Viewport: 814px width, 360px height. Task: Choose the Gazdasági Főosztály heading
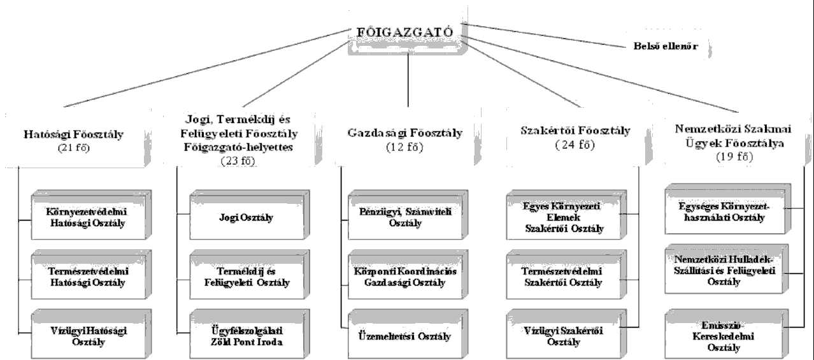pyautogui.click(x=404, y=134)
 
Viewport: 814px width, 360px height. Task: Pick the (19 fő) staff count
pyautogui.click(x=729, y=157)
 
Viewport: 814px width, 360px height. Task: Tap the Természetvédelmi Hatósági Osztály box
pyautogui.click(x=86, y=276)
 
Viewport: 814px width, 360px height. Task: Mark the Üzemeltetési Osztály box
pyautogui.click(x=405, y=336)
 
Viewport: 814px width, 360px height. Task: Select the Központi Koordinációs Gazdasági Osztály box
pyautogui.click(x=405, y=277)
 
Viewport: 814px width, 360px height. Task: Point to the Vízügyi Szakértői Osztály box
pyautogui.click(x=562, y=336)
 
